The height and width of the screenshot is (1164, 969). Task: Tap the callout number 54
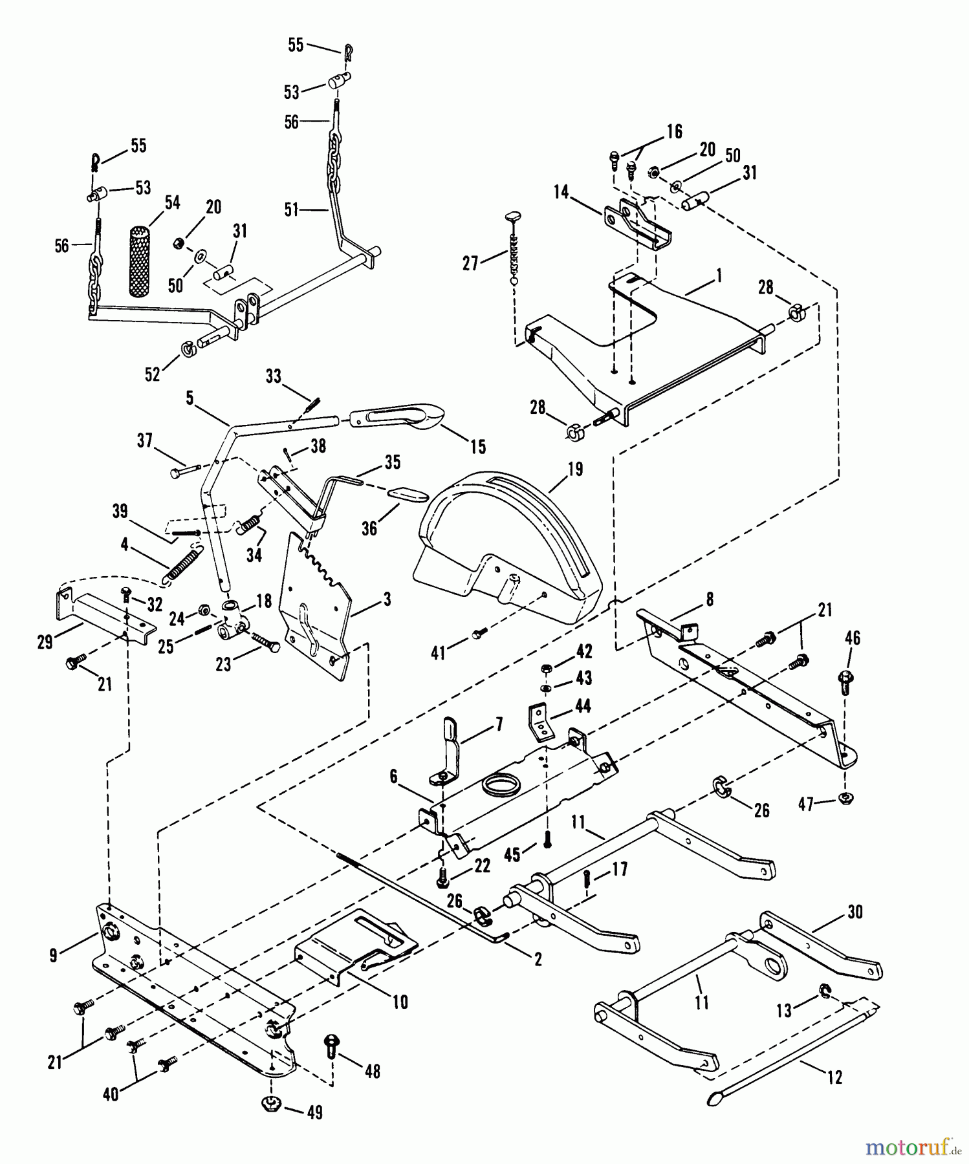click(171, 203)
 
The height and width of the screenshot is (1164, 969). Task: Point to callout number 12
click(834, 1077)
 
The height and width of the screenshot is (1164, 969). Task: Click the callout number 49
click(314, 1113)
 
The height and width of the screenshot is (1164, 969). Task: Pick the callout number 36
click(369, 528)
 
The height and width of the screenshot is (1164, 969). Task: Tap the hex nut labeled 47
click(845, 797)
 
